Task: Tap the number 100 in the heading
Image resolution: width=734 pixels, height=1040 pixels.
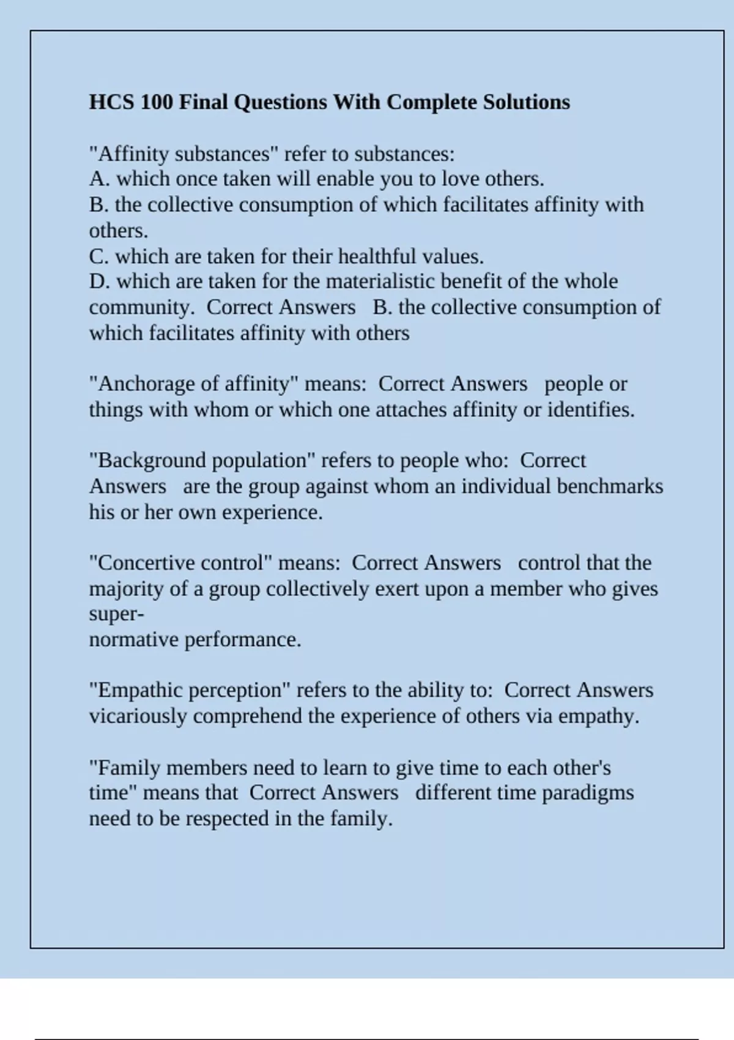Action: [157, 102]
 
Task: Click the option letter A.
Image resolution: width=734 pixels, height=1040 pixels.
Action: [98, 179]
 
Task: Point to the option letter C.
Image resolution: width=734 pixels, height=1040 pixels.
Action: [98, 256]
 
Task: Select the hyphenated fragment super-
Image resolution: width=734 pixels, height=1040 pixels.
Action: [116, 614]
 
